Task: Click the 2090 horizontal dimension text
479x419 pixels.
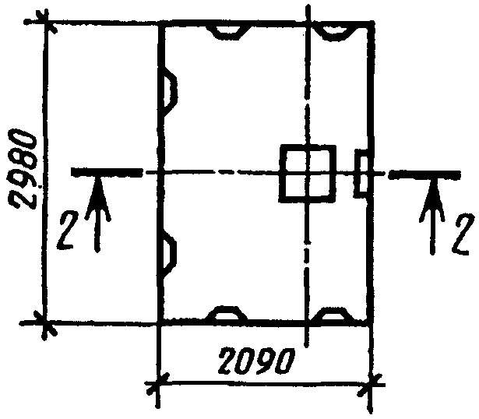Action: (x=256, y=361)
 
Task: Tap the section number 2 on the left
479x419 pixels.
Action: (x=66, y=231)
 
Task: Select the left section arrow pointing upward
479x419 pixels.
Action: (x=97, y=213)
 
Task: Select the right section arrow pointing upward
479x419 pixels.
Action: (x=432, y=217)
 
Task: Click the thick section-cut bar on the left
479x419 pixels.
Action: (x=106, y=172)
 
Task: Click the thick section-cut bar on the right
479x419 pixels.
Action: (x=425, y=175)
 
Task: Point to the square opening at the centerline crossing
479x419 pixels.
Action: (x=308, y=174)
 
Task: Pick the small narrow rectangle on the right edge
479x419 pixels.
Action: (x=362, y=174)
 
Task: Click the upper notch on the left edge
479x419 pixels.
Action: (x=170, y=91)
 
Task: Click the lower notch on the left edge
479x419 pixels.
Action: (x=169, y=255)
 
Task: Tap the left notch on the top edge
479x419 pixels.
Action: (x=228, y=33)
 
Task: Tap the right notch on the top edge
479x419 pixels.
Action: (x=335, y=33)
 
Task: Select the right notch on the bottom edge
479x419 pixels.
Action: (x=333, y=314)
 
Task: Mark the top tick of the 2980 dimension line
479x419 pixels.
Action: (x=46, y=22)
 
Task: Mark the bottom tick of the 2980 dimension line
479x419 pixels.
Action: (x=45, y=324)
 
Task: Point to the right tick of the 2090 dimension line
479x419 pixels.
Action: (x=372, y=384)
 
